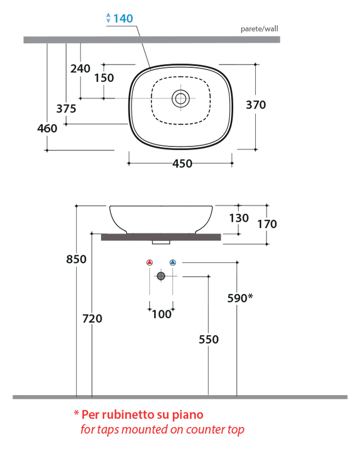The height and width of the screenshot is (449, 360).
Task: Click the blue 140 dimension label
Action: (123, 19)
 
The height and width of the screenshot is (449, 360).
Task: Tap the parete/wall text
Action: (259, 29)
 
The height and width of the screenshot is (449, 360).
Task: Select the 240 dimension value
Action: (80, 68)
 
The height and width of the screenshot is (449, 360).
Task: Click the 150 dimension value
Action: (104, 79)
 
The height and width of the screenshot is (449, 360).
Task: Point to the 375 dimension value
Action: (66, 108)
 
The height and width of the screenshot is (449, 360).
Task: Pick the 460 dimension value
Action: (47, 129)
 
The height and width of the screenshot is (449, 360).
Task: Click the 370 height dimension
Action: (256, 105)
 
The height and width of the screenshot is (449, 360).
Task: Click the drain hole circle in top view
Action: (181, 98)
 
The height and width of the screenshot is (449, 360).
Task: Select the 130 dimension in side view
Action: (239, 218)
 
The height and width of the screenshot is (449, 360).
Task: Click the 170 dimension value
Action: (267, 224)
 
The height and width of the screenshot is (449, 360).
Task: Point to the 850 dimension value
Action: (76, 259)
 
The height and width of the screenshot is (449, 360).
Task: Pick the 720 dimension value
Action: (92, 318)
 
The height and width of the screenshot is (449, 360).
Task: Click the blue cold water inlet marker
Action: (173, 262)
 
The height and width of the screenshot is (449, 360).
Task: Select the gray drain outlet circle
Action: (161, 276)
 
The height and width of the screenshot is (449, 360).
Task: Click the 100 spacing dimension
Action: (161, 314)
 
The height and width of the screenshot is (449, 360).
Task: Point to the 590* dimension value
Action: (240, 298)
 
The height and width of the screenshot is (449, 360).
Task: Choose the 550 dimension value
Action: (208, 339)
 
